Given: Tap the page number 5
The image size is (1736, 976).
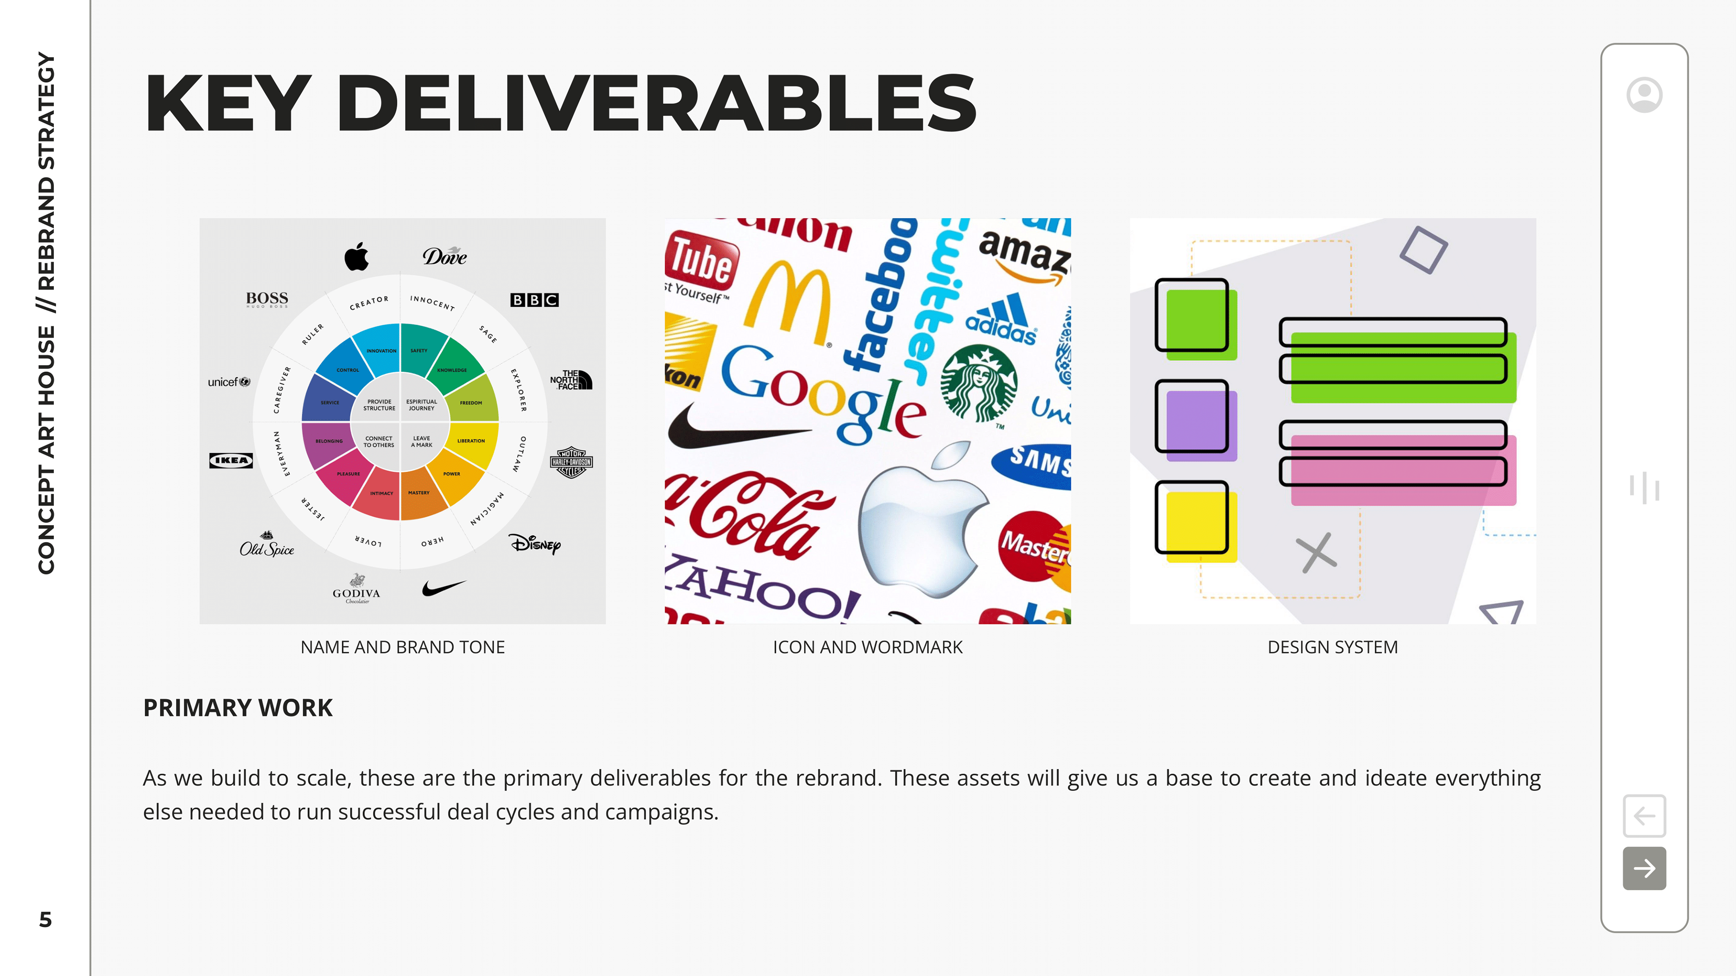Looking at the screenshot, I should click(45, 920).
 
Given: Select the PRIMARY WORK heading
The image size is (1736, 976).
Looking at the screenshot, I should click(238, 708).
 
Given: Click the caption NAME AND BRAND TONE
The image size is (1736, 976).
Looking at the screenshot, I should click(402, 648).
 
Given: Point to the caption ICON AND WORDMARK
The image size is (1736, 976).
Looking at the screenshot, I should click(868, 648).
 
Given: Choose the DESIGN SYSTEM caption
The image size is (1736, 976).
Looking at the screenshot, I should click(1332, 648).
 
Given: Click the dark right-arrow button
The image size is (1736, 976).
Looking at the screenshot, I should click(1644, 868).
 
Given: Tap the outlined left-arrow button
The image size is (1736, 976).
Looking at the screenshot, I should click(1644, 816).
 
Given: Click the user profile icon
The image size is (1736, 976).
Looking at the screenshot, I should click(1644, 95).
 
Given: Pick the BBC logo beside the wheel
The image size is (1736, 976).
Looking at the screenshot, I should click(534, 300).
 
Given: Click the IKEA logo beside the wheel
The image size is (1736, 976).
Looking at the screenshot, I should click(231, 460).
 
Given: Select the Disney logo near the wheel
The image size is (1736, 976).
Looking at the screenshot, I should click(534, 544).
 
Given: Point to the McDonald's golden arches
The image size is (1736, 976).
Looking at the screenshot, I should click(787, 303).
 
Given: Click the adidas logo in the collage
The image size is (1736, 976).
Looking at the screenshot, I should click(1001, 320).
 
